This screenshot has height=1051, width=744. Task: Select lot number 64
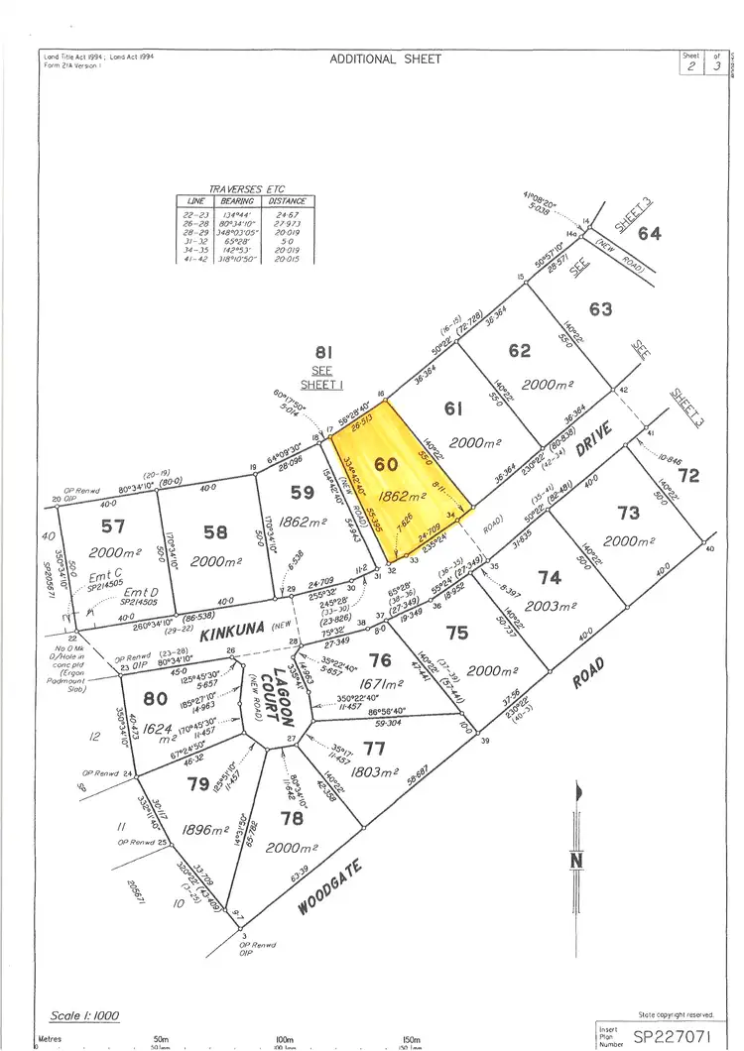650,233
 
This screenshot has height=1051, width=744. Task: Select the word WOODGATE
326,888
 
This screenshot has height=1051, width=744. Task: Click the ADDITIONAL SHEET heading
386,58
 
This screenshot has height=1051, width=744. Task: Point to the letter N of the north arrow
576,862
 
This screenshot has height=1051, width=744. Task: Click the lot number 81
322,352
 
